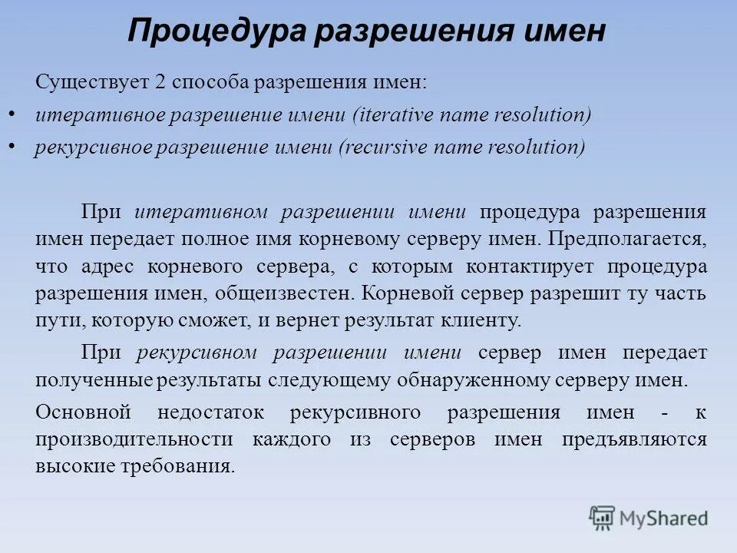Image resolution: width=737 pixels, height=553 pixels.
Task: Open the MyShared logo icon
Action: [603, 517]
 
